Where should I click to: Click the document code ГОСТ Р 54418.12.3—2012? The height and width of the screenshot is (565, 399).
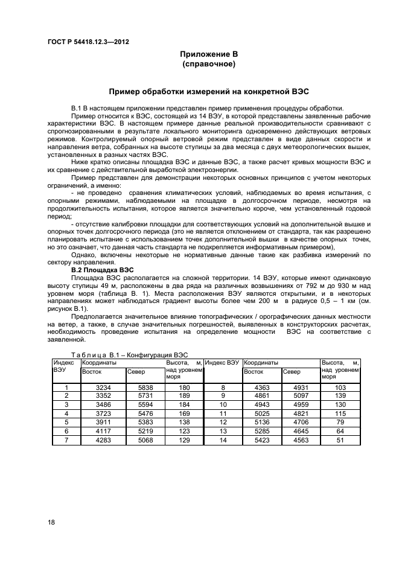tap(88, 42)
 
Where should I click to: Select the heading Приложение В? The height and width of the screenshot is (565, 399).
tap(208, 54)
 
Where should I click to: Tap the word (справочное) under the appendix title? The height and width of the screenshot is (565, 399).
tap(208, 63)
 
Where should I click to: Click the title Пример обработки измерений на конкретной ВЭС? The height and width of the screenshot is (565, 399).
tap(208, 92)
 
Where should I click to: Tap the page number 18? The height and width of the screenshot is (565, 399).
tap(51, 522)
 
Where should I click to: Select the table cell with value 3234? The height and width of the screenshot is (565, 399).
tap(103, 388)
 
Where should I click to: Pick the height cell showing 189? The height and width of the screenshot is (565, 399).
tap(184, 396)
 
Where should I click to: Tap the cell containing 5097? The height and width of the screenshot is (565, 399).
tap(300, 396)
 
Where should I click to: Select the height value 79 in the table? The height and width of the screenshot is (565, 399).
tap(340, 423)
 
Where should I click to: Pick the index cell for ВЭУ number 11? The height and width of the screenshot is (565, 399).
tap(223, 413)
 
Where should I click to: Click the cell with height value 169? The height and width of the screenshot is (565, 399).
tap(184, 413)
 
